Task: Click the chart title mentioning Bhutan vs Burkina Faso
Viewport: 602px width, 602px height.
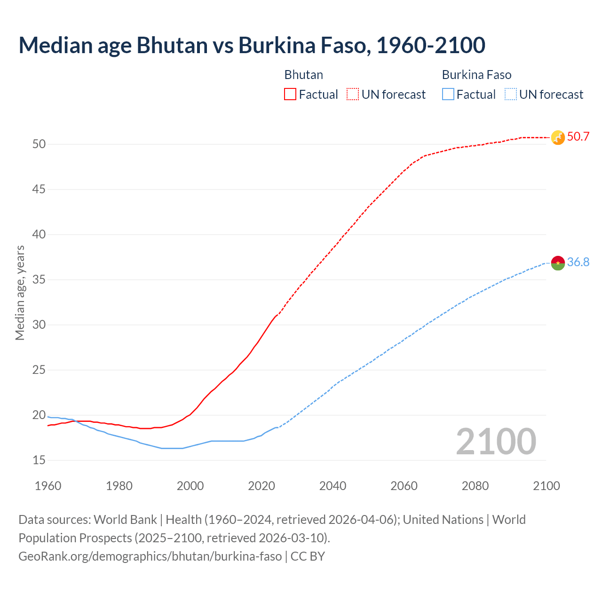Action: click(252, 45)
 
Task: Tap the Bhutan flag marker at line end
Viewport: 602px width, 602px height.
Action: click(558, 137)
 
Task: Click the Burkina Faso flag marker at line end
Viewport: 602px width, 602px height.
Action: click(558, 263)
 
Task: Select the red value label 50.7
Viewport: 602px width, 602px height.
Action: click(578, 137)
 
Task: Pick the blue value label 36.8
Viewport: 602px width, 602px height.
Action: click(578, 262)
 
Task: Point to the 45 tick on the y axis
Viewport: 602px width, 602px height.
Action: click(39, 190)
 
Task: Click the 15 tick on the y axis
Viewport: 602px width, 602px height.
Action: click(39, 460)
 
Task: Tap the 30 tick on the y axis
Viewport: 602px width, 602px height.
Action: click(39, 325)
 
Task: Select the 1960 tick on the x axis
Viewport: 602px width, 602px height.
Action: click(48, 486)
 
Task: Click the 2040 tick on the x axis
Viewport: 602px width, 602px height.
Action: click(333, 486)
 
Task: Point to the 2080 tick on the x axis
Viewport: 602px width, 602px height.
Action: click(475, 486)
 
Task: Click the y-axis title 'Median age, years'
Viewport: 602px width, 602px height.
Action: click(20, 293)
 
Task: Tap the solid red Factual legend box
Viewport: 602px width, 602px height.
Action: click(290, 95)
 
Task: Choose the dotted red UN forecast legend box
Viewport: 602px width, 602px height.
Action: click(353, 95)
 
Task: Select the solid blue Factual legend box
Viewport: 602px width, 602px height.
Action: click(448, 95)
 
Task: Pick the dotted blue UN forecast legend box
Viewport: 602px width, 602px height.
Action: click(511, 95)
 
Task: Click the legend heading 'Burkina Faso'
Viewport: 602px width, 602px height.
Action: click(476, 75)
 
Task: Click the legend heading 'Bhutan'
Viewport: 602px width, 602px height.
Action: click(304, 75)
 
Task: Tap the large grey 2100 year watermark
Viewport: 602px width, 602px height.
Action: click(496, 441)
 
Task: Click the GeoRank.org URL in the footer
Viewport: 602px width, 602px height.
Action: click(150, 556)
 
